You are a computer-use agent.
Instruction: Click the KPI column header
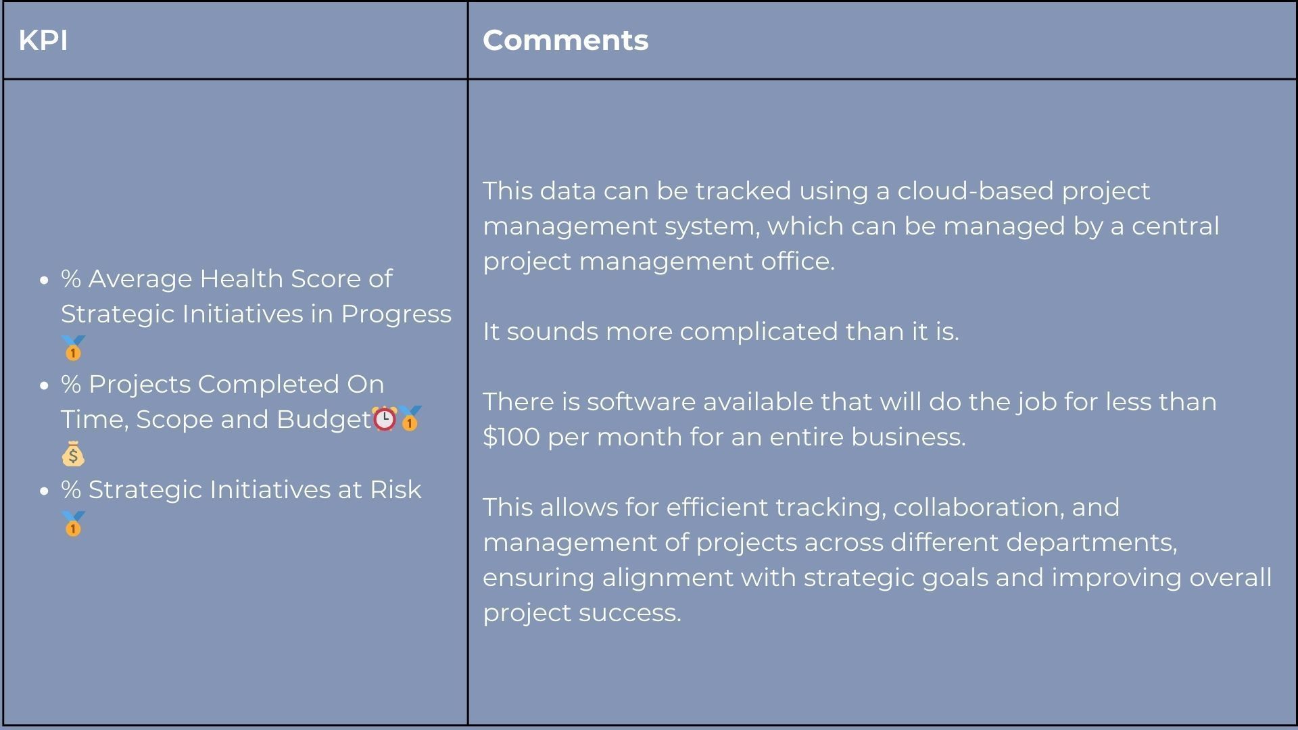43,41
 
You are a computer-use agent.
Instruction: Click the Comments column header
565,41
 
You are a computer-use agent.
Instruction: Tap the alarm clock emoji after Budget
385,419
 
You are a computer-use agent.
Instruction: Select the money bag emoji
73,454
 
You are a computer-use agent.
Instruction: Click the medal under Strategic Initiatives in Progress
73,349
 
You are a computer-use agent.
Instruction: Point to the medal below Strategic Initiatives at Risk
73,525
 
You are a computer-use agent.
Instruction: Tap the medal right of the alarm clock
410,419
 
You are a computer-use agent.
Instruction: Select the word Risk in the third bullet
395,489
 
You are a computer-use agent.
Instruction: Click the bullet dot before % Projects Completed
45,385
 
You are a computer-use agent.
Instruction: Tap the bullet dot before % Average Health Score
45,280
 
